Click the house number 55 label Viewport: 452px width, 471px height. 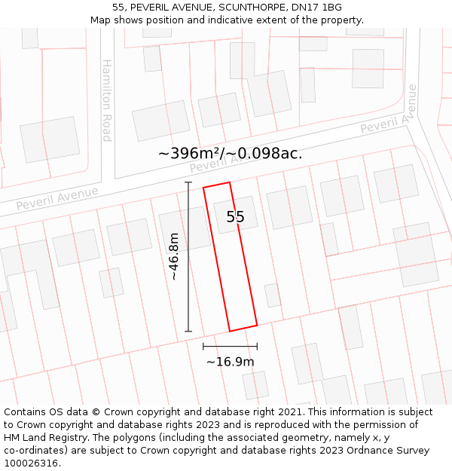tap(235, 217)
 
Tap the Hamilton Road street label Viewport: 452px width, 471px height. tap(107, 100)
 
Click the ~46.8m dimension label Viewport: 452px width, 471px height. tap(174, 256)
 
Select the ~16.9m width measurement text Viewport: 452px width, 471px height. tap(230, 362)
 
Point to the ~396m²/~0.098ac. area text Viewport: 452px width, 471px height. tap(231, 153)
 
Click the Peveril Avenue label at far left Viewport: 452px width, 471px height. tap(57, 198)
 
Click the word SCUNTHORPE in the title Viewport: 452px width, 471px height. tap(248, 8)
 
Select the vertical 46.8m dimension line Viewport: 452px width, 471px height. tap(188, 256)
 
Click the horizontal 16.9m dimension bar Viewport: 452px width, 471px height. tap(230, 346)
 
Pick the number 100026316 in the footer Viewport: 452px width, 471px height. tap(32, 463)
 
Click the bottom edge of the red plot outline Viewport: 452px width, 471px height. tap(243, 329)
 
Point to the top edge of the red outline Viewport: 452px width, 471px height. tap(216, 185)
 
